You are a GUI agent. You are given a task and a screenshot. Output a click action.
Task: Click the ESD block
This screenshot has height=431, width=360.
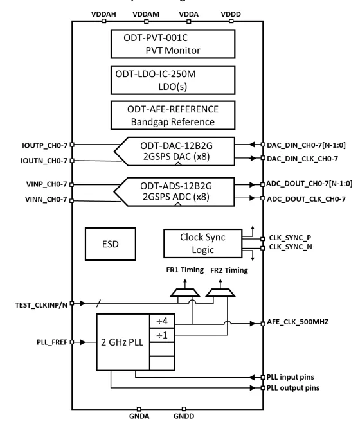[111, 244]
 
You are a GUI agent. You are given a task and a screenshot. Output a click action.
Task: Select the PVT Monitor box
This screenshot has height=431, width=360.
[173, 44]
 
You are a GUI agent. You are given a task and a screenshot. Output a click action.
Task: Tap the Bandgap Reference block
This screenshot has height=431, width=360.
[173, 115]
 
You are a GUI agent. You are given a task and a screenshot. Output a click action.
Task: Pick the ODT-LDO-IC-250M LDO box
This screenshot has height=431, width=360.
[173, 80]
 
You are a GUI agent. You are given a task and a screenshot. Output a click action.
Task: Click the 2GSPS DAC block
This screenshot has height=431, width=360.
[175, 152]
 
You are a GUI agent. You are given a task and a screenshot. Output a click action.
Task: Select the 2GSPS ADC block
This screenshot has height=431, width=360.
[175, 191]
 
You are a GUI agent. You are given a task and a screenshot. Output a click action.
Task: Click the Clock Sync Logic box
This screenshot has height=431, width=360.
[203, 243]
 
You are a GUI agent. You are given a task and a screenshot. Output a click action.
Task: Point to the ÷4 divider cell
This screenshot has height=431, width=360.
[162, 321]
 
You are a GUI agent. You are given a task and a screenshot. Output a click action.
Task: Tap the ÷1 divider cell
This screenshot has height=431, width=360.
[162, 335]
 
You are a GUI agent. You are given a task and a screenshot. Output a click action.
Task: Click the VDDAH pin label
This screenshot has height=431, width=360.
[104, 14]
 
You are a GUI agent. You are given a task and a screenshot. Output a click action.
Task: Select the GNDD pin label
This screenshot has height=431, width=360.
[184, 416]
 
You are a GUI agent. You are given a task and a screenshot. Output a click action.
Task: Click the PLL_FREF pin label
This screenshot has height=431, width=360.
[52, 342]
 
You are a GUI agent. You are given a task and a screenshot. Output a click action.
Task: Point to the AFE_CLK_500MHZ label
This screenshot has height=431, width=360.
[298, 322]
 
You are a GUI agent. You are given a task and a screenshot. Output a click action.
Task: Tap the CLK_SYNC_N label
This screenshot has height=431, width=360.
[291, 247]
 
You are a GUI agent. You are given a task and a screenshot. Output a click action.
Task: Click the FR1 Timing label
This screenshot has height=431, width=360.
[184, 270]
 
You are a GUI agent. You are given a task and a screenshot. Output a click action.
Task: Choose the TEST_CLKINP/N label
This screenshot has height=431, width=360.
[41, 305]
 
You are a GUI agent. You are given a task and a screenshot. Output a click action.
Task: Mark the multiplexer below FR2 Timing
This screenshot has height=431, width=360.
[221, 293]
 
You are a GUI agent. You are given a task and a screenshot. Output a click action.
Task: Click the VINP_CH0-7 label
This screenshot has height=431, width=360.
[46, 184]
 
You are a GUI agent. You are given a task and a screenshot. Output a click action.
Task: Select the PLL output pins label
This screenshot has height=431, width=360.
[293, 388]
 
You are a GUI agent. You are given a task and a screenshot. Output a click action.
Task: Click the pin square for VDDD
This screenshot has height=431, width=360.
[231, 21]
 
